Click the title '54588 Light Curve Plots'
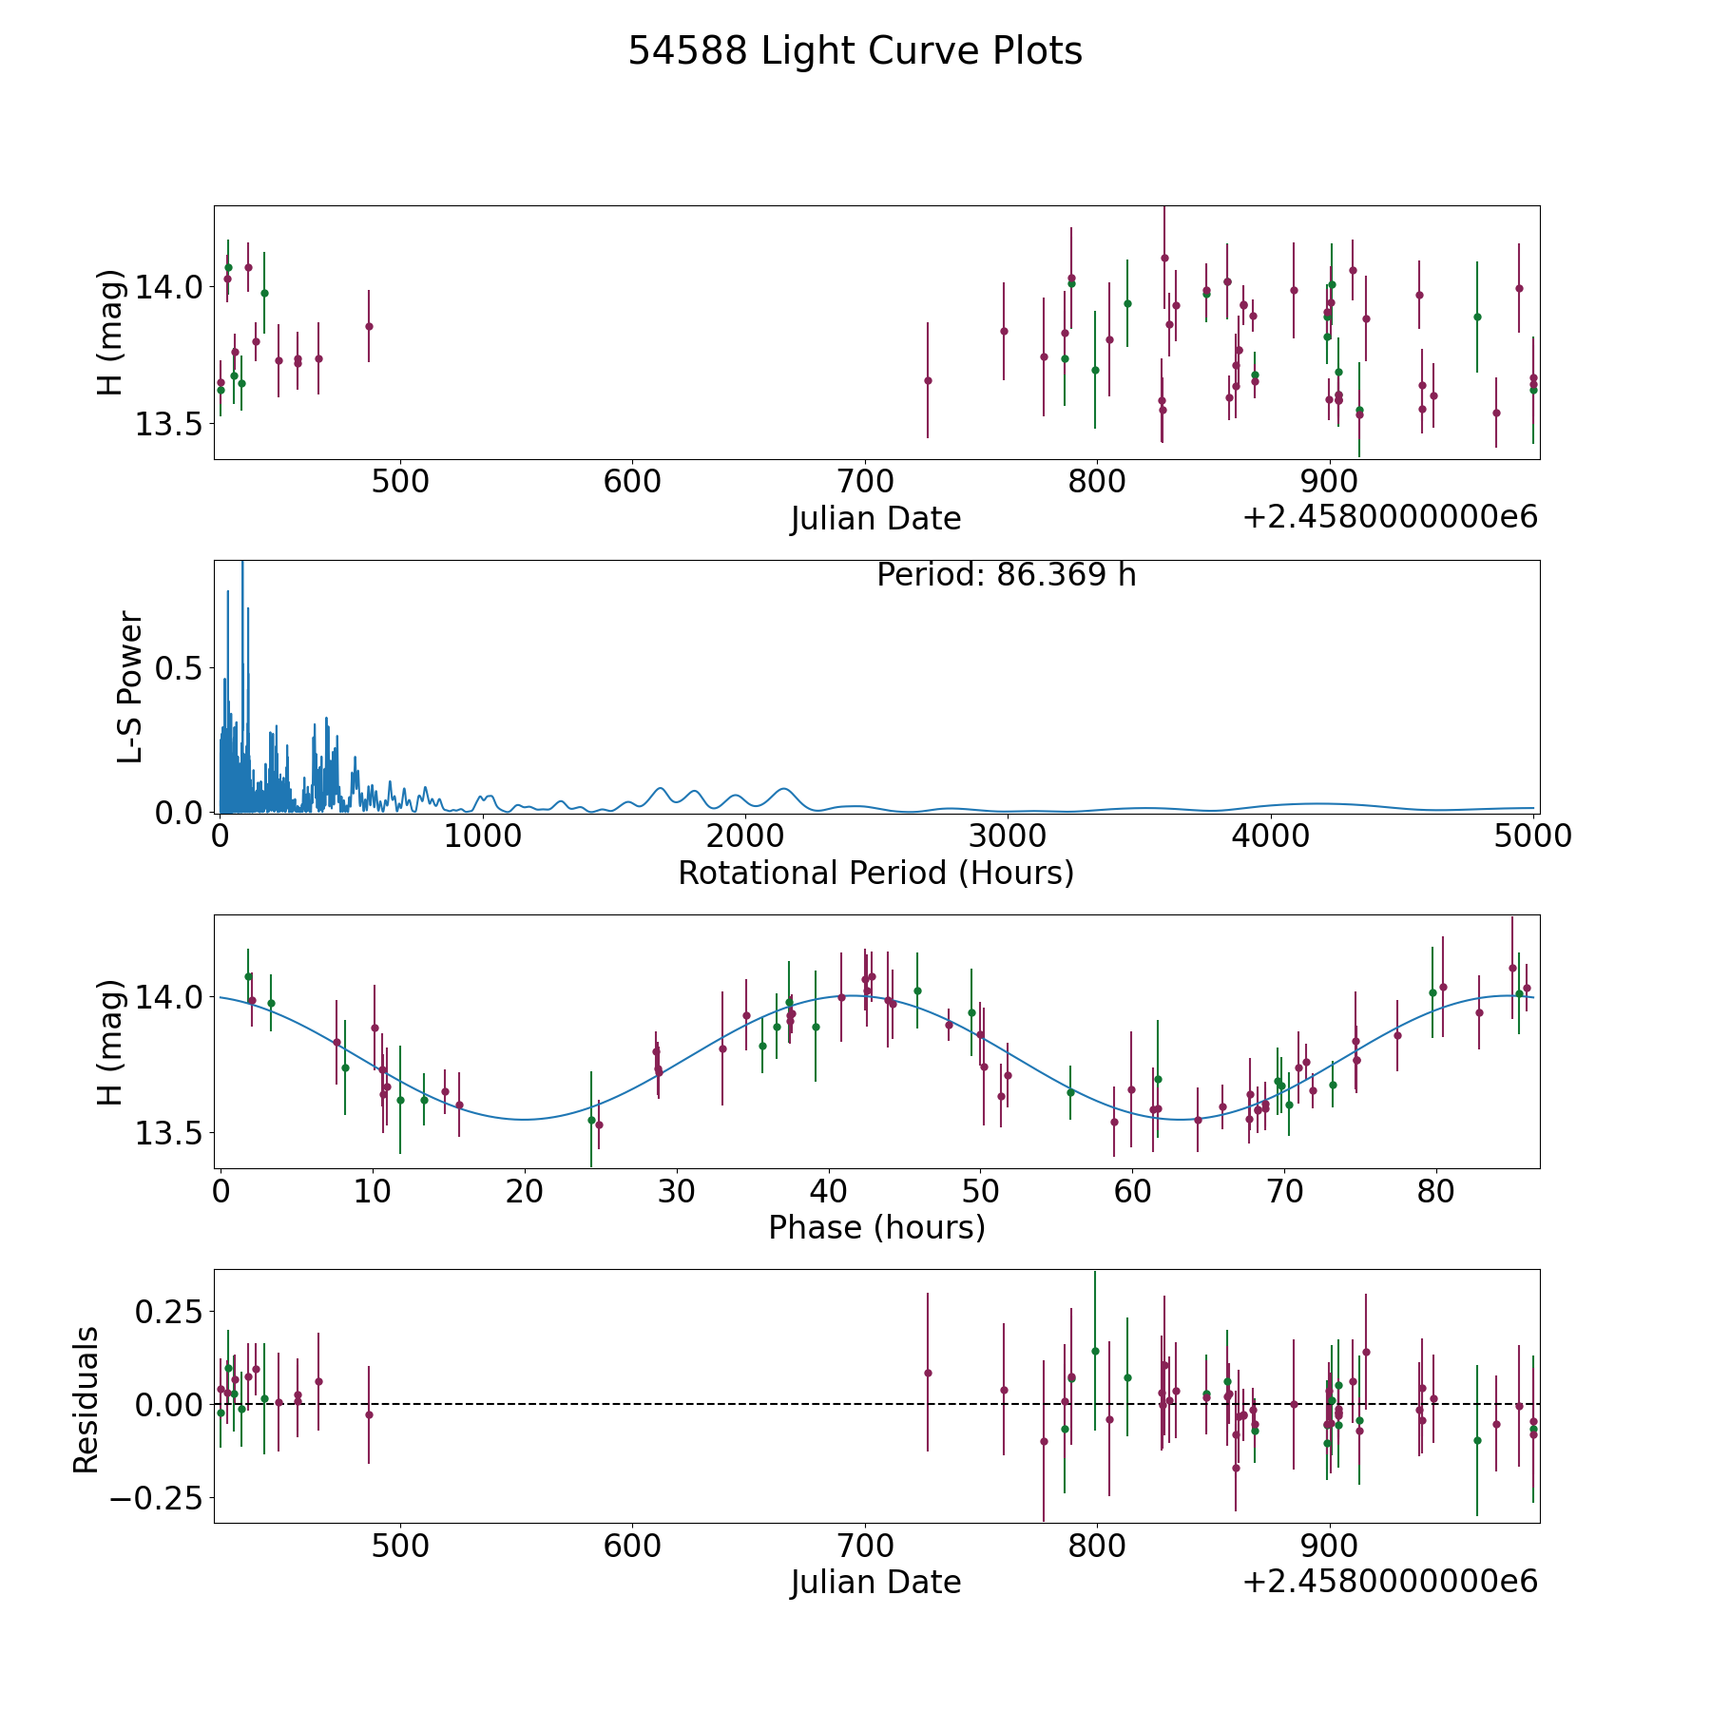855,51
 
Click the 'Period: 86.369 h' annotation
1006,575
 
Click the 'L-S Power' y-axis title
129,687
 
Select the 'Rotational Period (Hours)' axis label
875,873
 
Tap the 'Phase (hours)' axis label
876,1227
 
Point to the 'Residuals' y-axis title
86,1400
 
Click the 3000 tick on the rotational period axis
1007,836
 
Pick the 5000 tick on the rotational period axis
1532,836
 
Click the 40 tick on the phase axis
828,1191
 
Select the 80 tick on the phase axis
1435,1191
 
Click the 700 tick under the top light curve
865,482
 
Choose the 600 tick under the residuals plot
633,1546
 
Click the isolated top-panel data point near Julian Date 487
369,326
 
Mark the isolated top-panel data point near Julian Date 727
928,380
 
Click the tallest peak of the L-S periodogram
242,562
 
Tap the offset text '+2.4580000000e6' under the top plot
1390,517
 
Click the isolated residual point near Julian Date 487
369,1414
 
